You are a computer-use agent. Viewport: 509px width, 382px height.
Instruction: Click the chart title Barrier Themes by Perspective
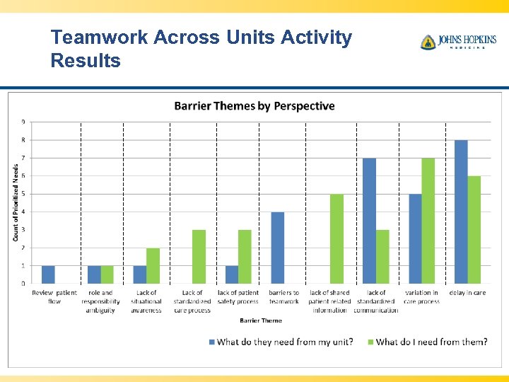255,106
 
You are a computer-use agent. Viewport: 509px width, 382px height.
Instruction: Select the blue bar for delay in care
461,212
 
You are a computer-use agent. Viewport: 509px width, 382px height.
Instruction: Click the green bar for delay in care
474,230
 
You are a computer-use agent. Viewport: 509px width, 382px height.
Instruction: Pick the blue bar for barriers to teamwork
278,248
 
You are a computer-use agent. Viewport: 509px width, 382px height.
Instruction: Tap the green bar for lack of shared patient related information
337,239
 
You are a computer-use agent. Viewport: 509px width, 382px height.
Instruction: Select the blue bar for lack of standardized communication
369,221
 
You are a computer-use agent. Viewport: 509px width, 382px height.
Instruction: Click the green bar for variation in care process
428,221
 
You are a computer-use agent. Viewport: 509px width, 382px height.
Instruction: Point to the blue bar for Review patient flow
48,274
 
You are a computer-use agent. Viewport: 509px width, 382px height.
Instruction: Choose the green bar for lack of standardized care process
199,257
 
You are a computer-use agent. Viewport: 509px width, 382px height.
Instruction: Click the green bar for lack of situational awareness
153,266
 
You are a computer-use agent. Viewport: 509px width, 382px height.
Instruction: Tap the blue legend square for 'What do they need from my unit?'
211,342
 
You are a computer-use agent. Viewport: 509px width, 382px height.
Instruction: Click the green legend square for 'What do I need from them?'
370,342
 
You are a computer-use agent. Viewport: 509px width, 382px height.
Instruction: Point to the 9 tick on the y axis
23,122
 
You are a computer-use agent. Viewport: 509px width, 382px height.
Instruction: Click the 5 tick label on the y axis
23,194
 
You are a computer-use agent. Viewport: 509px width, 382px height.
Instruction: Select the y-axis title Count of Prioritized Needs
16,202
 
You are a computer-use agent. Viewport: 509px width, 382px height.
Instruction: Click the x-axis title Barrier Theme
260,320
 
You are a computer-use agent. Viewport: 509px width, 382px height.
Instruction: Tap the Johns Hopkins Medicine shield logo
428,42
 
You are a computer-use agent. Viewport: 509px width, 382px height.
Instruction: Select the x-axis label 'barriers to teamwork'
284,297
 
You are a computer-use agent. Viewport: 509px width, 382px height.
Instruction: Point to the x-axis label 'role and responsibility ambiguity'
100,301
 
